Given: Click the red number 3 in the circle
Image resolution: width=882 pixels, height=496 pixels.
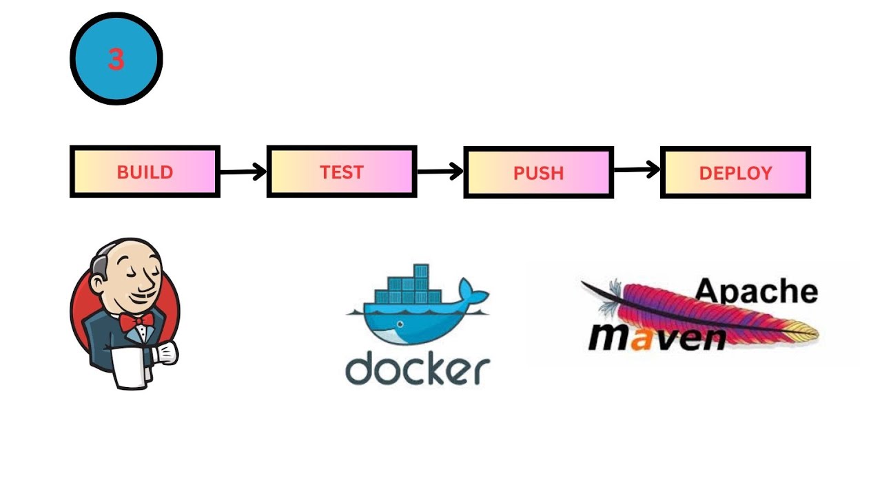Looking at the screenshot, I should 116,60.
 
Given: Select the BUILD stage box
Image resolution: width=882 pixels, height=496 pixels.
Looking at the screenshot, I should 145,172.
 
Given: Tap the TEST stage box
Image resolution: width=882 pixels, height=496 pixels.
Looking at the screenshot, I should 342,172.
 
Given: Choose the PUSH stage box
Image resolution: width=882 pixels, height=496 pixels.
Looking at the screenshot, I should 538,172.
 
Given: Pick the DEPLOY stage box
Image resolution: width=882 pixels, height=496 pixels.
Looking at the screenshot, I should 735,172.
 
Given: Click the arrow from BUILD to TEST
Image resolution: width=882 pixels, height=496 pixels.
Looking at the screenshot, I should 243,172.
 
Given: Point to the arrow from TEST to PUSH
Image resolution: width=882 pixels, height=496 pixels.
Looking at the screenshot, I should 440,172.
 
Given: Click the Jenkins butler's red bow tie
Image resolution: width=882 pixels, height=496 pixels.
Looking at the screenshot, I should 136,320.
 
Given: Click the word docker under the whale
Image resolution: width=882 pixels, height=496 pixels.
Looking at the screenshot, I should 417,370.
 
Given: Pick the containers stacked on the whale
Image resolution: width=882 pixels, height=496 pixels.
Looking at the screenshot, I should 415,288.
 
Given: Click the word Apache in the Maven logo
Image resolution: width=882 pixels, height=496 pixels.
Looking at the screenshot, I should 756,291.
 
